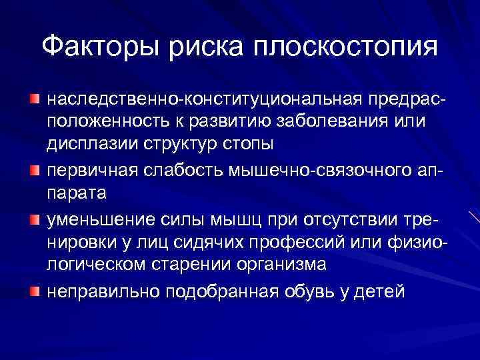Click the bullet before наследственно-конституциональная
tap(35, 99)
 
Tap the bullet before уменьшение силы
tap(35, 217)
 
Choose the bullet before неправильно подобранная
tap(35, 291)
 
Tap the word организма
tap(291, 265)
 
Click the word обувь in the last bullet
tap(323, 291)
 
